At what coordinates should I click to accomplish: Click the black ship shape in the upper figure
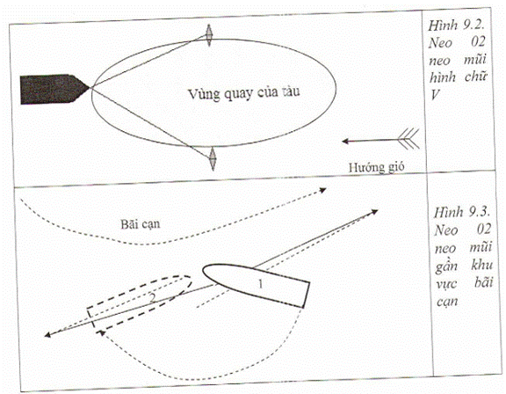point(54,89)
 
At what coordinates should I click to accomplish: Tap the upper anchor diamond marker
point(209,35)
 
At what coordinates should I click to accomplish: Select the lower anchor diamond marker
point(213,158)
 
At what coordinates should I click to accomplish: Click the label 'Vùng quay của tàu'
point(243,93)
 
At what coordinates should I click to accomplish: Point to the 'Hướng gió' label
point(376,167)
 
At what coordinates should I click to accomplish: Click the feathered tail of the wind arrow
point(408,139)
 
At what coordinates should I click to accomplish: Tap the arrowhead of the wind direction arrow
point(345,141)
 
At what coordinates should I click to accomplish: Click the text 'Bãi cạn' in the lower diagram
point(141,224)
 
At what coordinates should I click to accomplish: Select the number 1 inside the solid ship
point(260,284)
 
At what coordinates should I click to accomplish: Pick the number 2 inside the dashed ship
point(152,298)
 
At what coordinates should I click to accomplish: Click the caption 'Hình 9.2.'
point(457,26)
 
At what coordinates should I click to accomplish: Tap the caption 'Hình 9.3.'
point(462,213)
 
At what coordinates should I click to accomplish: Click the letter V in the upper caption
point(435,95)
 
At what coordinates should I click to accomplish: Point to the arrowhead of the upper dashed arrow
point(323,190)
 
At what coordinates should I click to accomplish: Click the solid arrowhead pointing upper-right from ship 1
point(374,212)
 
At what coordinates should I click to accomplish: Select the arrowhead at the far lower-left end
point(47,334)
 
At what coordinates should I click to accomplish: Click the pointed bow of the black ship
point(90,87)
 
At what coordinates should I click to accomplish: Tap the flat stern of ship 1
point(307,295)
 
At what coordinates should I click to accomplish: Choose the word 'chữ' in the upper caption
point(475,77)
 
